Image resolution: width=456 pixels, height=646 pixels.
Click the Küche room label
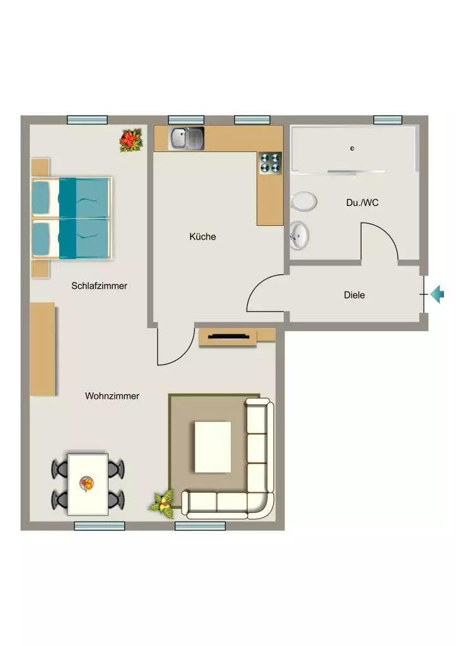coord(202,237)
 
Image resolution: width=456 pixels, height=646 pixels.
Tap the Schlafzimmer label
coord(99,286)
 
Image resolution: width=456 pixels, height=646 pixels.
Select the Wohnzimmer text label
coord(112,396)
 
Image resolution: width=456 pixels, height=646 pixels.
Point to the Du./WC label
coord(362,203)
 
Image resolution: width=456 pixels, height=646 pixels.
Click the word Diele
coord(354,295)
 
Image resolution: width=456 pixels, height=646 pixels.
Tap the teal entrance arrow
coord(438,294)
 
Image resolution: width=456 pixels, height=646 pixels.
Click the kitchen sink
coord(187,139)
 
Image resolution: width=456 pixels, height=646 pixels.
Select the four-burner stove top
coord(270,162)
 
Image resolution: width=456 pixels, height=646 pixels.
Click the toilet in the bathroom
coord(303,202)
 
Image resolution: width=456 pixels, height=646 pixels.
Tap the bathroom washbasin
coord(299,236)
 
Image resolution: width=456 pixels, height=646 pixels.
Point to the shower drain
coord(352,148)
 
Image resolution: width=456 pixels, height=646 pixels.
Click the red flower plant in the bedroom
coord(131,140)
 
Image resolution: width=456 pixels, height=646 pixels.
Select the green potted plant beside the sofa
coord(162,503)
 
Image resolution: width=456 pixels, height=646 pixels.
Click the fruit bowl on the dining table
coord(86,484)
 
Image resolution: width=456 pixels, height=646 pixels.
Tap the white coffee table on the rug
coord(213,447)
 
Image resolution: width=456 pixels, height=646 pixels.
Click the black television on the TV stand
coord(229,337)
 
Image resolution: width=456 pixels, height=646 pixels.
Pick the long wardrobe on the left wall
coord(42,349)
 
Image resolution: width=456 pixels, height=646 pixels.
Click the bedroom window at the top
coord(87,120)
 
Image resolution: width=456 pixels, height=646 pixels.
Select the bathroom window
coord(388,119)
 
